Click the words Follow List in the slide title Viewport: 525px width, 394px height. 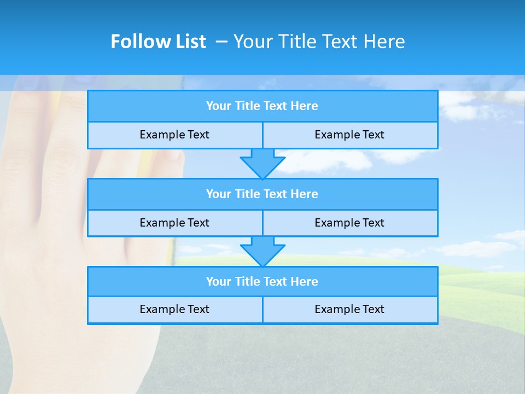click(x=158, y=42)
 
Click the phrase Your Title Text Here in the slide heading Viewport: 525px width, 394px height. click(x=319, y=42)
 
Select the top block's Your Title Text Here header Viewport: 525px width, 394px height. click(x=262, y=106)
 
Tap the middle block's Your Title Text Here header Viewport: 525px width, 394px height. click(x=262, y=194)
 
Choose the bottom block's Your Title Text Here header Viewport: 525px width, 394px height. click(x=262, y=281)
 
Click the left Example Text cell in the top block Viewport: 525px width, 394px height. click(x=174, y=135)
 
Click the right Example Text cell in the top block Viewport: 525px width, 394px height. click(x=349, y=135)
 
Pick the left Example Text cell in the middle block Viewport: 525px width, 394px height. click(x=174, y=223)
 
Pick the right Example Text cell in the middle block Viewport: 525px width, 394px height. click(x=349, y=223)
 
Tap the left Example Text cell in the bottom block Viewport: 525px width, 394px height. click(x=174, y=309)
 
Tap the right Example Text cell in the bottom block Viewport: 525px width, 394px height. click(x=349, y=309)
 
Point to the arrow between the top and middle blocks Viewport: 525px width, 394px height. click(x=262, y=163)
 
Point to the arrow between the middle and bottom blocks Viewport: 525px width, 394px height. click(x=262, y=251)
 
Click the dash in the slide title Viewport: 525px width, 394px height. click(x=221, y=42)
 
